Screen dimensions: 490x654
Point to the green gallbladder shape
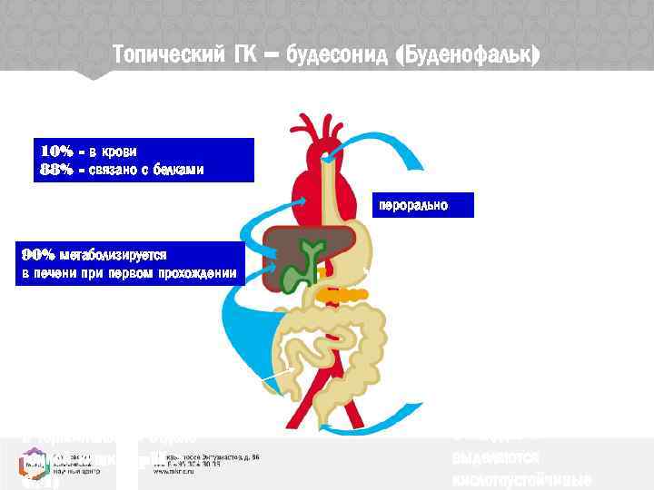[x=304, y=268]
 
